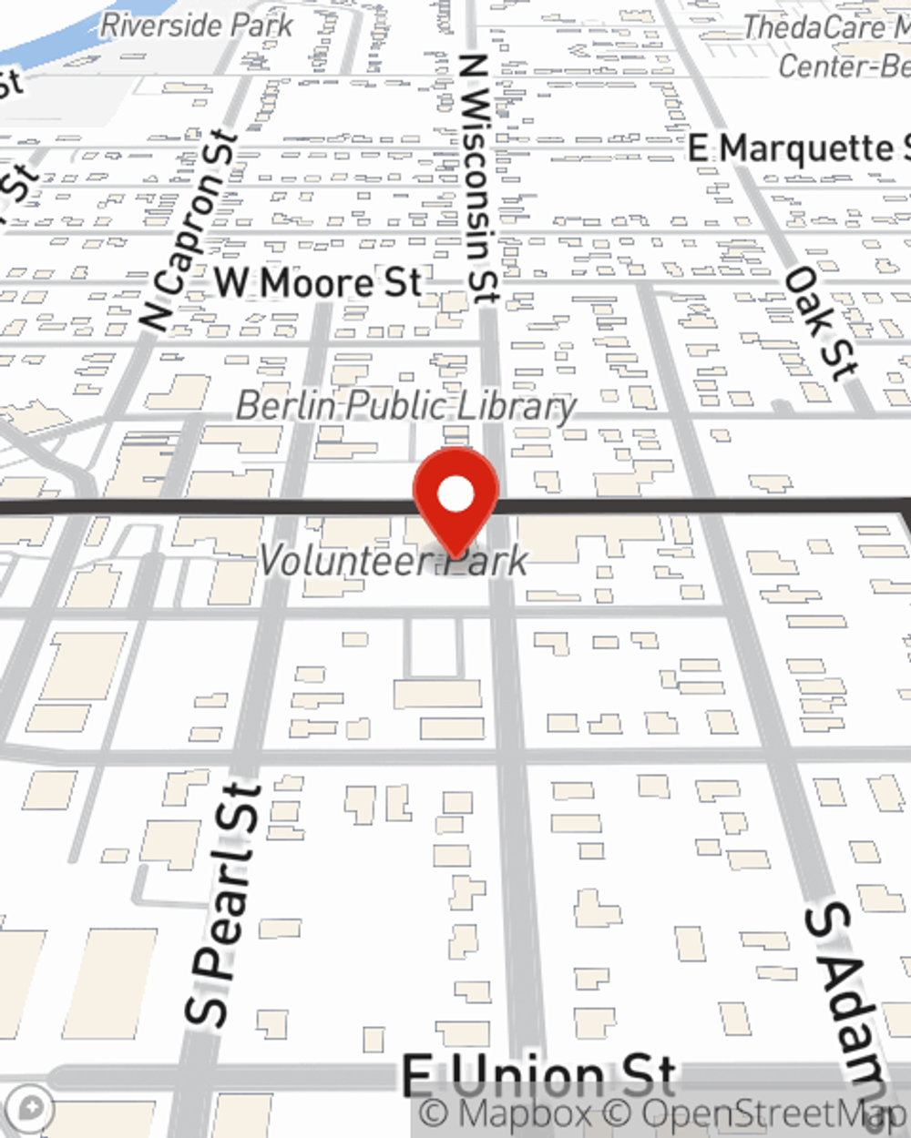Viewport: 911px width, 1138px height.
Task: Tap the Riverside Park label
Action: [196, 25]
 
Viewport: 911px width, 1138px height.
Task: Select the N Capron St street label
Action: [189, 232]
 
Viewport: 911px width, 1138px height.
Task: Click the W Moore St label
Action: [319, 283]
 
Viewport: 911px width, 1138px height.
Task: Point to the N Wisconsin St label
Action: [477, 178]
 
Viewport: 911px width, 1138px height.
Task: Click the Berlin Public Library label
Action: [406, 406]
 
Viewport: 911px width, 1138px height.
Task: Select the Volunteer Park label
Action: [394, 561]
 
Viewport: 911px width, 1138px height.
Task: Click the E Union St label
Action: [539, 1077]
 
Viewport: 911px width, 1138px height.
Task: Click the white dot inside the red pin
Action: [455, 495]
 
